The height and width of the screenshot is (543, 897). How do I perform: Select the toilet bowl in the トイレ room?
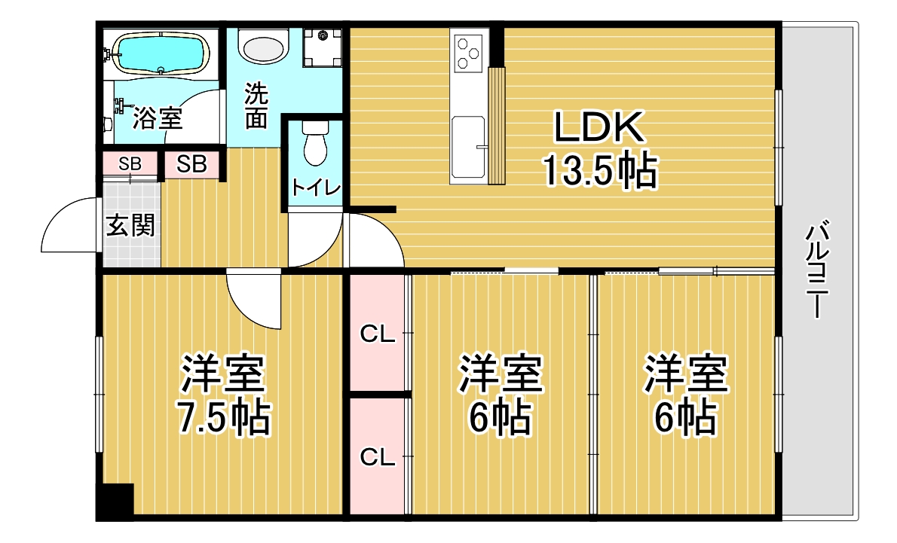[x=314, y=143]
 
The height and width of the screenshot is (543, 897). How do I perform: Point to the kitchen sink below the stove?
[x=469, y=147]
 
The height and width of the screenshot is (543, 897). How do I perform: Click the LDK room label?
[x=599, y=128]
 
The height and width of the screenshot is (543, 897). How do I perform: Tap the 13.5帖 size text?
[x=599, y=169]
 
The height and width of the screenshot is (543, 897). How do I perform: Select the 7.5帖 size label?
[x=224, y=418]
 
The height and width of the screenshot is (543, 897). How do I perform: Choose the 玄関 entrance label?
[x=130, y=226]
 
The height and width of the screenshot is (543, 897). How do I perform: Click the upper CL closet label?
[x=378, y=334]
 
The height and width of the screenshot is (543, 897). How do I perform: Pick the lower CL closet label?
[x=378, y=456]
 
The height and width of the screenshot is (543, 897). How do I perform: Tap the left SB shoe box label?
[x=130, y=164]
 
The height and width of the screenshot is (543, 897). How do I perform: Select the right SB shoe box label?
[x=191, y=164]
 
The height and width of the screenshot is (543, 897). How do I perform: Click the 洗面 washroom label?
[x=256, y=106]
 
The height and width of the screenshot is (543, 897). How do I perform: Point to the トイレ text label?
[x=316, y=188]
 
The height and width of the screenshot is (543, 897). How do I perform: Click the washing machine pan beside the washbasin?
[x=323, y=47]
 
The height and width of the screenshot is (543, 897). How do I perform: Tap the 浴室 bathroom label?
[x=158, y=118]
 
